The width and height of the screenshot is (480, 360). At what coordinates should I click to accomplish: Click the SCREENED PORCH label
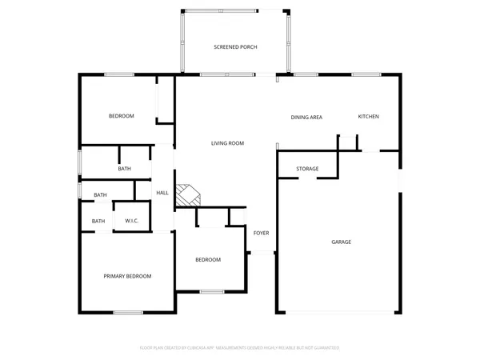[x=235, y=47]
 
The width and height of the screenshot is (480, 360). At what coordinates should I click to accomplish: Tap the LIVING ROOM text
[x=227, y=143]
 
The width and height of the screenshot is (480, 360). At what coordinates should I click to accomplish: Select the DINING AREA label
[x=306, y=118]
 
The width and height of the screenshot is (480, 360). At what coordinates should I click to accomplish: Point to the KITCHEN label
[x=368, y=117]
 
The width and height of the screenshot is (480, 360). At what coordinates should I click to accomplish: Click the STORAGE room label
[x=307, y=169]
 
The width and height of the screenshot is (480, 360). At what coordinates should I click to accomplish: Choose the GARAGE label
[x=342, y=242]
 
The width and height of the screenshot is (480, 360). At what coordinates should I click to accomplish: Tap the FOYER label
[x=262, y=233]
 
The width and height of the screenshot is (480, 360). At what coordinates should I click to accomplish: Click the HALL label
[x=162, y=193]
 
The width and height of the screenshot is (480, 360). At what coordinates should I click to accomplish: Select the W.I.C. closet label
[x=131, y=221]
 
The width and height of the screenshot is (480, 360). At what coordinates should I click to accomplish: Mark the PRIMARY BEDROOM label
[x=127, y=276]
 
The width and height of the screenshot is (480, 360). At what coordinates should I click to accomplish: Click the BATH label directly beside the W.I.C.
[x=98, y=221]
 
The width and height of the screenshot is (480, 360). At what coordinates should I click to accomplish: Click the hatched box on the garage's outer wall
[x=398, y=183]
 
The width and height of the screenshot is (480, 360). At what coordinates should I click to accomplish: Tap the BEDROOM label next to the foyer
[x=208, y=259]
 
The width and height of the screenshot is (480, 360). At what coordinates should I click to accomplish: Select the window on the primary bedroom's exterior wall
[x=127, y=312]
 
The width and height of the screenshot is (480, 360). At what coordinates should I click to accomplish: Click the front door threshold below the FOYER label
[x=262, y=253]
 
